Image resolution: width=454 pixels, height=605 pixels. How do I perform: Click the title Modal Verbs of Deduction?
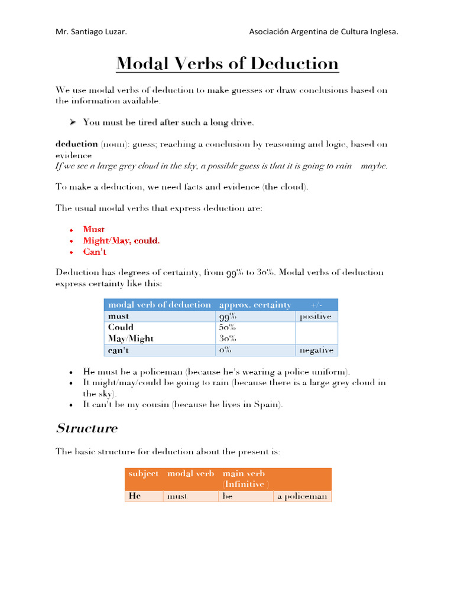click(x=227, y=63)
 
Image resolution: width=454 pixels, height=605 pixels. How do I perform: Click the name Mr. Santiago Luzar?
click(x=91, y=32)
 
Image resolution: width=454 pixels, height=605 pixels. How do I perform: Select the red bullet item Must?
click(x=94, y=229)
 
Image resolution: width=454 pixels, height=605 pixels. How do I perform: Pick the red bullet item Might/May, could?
click(x=121, y=240)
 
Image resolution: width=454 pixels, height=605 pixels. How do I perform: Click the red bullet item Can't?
click(x=95, y=252)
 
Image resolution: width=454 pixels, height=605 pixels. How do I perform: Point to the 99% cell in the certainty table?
click(x=228, y=317)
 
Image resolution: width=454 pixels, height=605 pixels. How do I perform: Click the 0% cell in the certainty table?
click(x=225, y=350)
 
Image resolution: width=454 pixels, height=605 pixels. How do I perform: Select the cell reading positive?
click(x=316, y=317)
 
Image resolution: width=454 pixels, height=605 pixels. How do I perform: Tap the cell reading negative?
click(x=316, y=350)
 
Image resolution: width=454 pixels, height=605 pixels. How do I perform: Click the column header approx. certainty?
click(x=255, y=305)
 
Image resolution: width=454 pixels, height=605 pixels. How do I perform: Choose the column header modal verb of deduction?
click(x=159, y=305)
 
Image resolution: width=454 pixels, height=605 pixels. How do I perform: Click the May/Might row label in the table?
click(x=131, y=339)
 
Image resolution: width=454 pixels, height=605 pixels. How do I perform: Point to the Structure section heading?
click(x=86, y=428)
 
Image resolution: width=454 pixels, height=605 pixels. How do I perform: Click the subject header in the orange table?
click(x=143, y=474)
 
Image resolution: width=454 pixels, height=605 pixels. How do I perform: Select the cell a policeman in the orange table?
click(x=302, y=496)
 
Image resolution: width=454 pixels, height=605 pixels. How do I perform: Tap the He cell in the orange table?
click(x=134, y=496)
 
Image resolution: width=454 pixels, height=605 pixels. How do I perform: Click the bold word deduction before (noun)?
click(x=77, y=144)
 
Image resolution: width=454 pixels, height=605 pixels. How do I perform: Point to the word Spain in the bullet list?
click(x=268, y=405)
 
